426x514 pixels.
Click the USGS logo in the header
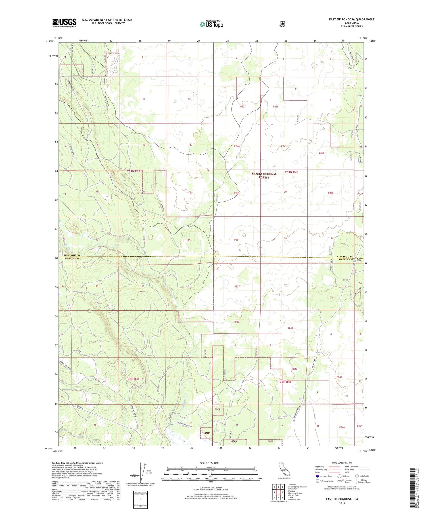pos(64,23)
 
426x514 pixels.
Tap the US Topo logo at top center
pos(211,24)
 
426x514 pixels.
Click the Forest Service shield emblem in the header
pos(282,24)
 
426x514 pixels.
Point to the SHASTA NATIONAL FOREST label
pos(264,175)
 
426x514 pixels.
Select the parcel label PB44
pos(237,146)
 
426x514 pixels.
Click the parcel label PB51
pos(237,240)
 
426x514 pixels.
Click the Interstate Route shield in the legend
pos(317,476)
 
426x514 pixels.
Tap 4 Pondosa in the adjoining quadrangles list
pos(292,491)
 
